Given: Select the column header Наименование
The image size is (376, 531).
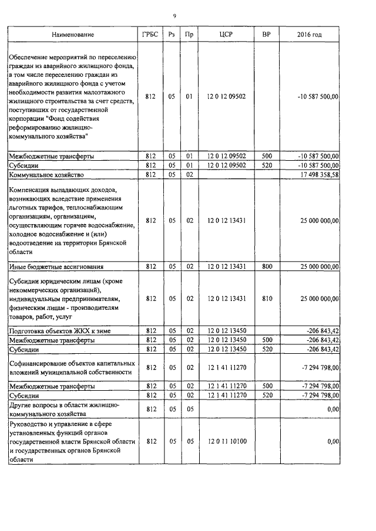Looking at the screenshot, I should coord(73,35).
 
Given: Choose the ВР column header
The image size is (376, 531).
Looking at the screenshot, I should coord(267,35).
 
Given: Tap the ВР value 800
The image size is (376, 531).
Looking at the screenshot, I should coord(267,266).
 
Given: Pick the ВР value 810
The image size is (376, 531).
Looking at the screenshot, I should coord(267,299).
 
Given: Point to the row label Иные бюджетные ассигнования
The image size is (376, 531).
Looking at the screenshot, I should coord(56,266).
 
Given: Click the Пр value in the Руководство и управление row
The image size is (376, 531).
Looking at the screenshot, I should coord(189,440).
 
